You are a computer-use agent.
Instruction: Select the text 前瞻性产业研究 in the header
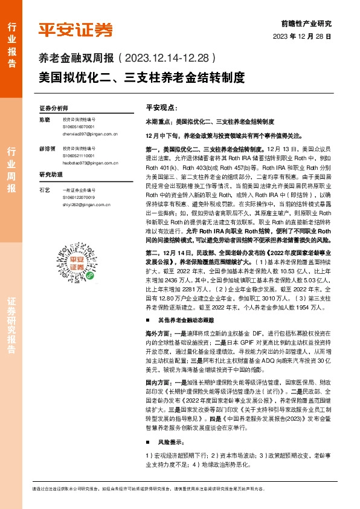(307, 24)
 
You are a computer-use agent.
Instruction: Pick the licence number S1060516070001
(79, 127)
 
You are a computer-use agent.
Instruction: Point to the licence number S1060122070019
(79, 196)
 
